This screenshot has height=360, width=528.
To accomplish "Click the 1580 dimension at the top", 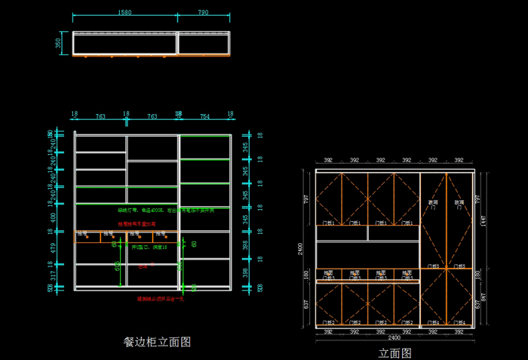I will click(x=125, y=12).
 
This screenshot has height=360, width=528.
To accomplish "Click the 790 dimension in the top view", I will click(x=204, y=12).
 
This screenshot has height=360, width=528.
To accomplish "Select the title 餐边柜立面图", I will click(x=157, y=341).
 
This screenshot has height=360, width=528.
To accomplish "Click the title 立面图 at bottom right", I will click(x=394, y=352).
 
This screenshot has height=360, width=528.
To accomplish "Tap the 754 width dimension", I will click(x=204, y=116).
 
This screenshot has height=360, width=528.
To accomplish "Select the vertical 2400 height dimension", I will click(x=301, y=249).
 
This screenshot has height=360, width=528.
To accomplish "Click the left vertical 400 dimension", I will click(x=51, y=217).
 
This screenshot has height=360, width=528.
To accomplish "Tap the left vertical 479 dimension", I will click(x=51, y=248).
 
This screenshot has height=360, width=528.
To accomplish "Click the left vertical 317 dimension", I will click(x=51, y=276).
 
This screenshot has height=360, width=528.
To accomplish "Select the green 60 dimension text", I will click(x=194, y=244).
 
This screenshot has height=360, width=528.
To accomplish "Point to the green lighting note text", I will click(x=166, y=211).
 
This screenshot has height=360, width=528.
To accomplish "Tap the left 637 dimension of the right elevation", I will click(x=306, y=305).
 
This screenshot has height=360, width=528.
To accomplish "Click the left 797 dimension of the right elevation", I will click(x=306, y=198).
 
